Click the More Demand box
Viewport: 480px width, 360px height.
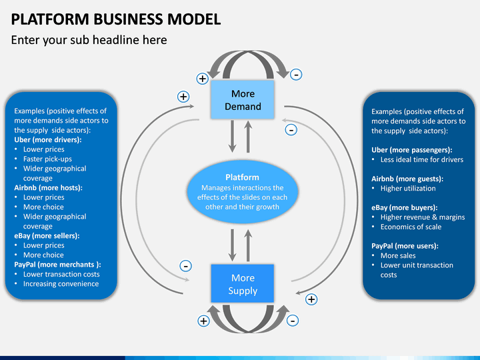[x=243, y=100]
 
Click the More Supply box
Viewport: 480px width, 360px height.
[x=243, y=283]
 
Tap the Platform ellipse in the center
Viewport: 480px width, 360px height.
[x=243, y=191]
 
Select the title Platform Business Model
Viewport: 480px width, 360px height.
[x=116, y=19]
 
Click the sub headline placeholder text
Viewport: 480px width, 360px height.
[x=89, y=40]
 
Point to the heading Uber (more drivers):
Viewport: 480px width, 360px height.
[x=48, y=140]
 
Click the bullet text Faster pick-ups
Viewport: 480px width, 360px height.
[x=47, y=159]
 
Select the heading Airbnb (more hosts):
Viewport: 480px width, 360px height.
[x=49, y=187]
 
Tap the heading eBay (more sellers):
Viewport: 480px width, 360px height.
[x=47, y=236]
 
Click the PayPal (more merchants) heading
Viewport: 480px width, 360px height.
[x=57, y=265]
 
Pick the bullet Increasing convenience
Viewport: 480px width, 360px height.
[x=61, y=284]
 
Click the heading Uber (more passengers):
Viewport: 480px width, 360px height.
[x=412, y=150]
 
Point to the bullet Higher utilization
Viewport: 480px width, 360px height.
[x=408, y=188]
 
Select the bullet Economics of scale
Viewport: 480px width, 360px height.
[x=411, y=227]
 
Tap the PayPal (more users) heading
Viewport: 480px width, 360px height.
[x=405, y=246]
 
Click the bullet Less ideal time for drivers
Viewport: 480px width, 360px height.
[x=422, y=159]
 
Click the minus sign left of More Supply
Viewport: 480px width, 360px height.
[x=185, y=266]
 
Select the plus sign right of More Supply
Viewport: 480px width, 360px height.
[x=311, y=299]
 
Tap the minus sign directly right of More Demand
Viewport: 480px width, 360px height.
[x=291, y=130]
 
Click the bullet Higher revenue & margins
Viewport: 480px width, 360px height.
[x=423, y=217]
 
